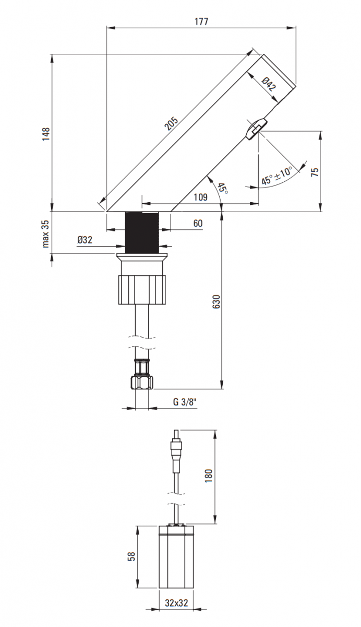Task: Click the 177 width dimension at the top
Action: (x=201, y=21)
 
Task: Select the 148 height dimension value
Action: (x=46, y=134)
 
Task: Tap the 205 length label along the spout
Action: (x=171, y=123)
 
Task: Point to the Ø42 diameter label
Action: (x=269, y=84)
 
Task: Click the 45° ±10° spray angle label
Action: (x=276, y=176)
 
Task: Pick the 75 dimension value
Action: (x=315, y=172)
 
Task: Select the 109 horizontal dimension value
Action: (x=201, y=197)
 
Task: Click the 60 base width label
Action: (x=198, y=224)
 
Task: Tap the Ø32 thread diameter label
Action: (x=85, y=240)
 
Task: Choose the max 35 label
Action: (x=45, y=234)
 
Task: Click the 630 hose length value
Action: (x=216, y=302)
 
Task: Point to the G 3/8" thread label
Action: (x=185, y=402)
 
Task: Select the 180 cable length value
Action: (x=209, y=476)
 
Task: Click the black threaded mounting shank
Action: (x=142, y=233)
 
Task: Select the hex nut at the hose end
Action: (x=142, y=382)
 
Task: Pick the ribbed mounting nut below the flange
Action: (x=142, y=289)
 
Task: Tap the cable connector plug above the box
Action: (x=177, y=450)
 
